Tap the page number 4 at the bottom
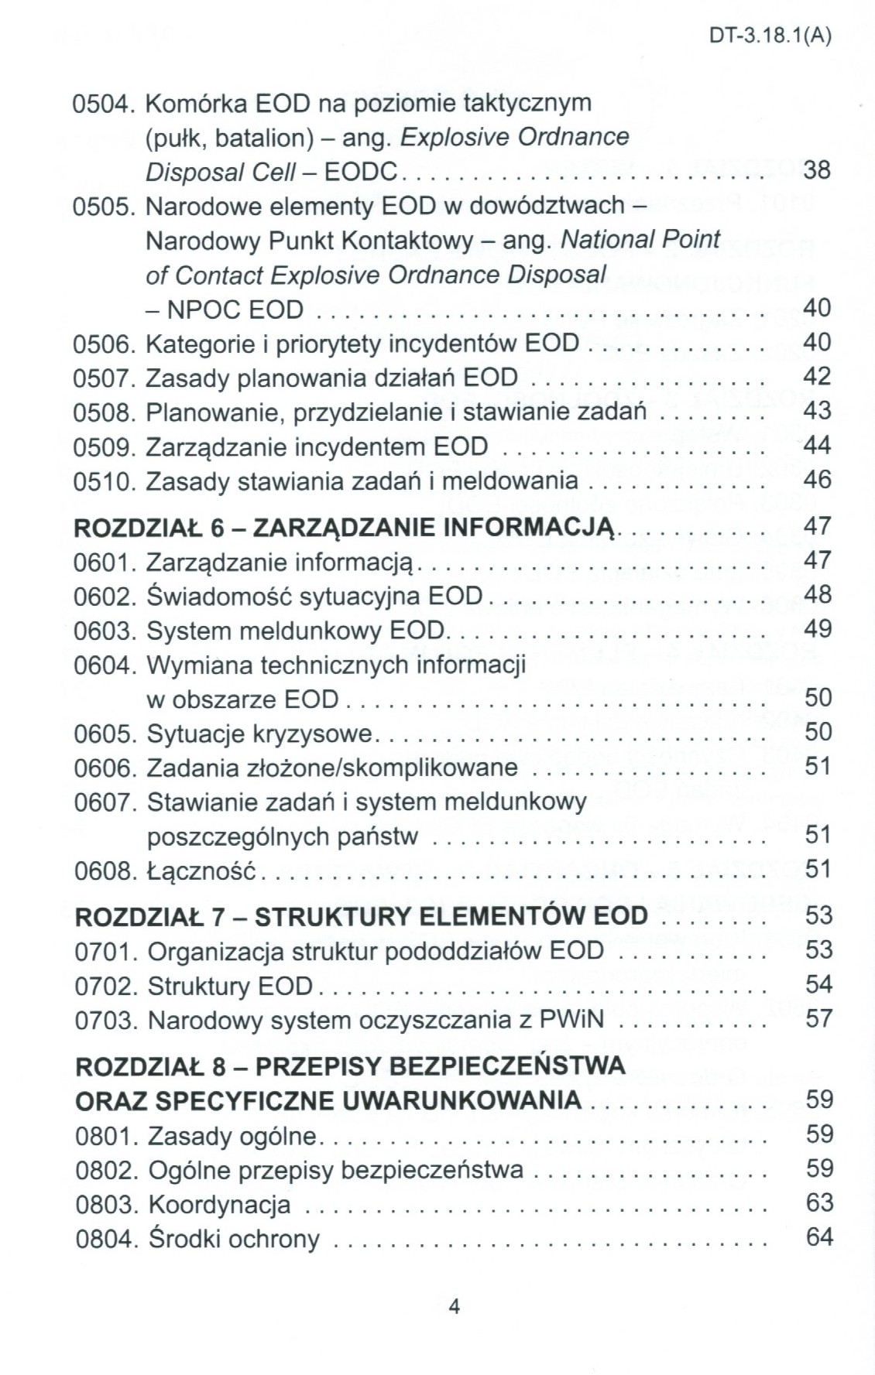point(455,1307)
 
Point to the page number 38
point(816,169)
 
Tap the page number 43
point(817,410)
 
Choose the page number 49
point(818,628)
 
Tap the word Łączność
point(201,871)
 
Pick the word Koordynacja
point(219,1205)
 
